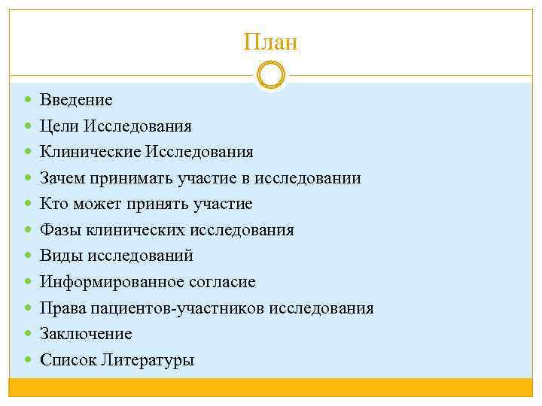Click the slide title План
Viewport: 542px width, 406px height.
click(x=271, y=42)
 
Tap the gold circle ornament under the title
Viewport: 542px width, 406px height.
click(x=271, y=75)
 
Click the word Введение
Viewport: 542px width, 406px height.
click(x=76, y=100)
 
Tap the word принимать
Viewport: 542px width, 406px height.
click(x=131, y=178)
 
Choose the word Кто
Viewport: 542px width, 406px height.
click(x=54, y=204)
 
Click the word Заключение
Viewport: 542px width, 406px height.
click(x=85, y=334)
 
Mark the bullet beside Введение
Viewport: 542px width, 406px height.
click(x=28, y=100)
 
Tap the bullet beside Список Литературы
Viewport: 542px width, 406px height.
click(x=28, y=360)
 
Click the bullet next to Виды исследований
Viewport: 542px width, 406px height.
click(x=28, y=256)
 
